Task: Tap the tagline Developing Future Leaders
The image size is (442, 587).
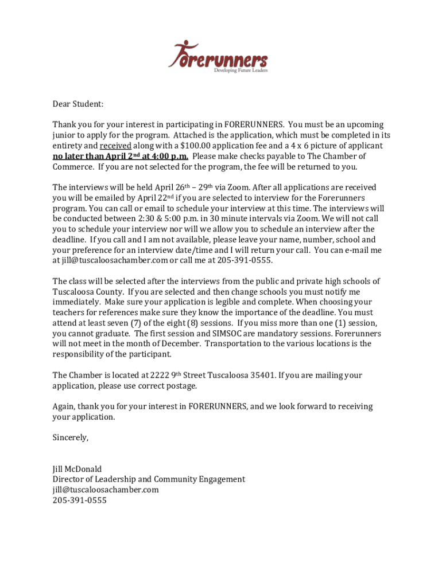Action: coord(241,71)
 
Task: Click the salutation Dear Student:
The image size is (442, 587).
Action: coord(78,104)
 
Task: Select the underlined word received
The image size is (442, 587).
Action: coord(115,146)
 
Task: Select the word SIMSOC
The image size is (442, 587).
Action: coord(231,333)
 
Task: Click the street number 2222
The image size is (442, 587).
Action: coord(160,375)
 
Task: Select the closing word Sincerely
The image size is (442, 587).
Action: coord(71,437)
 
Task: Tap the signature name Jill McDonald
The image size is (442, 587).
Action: coord(77,468)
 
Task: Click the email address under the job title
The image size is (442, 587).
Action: coord(106,490)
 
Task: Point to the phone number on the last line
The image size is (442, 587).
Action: coord(79,500)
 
